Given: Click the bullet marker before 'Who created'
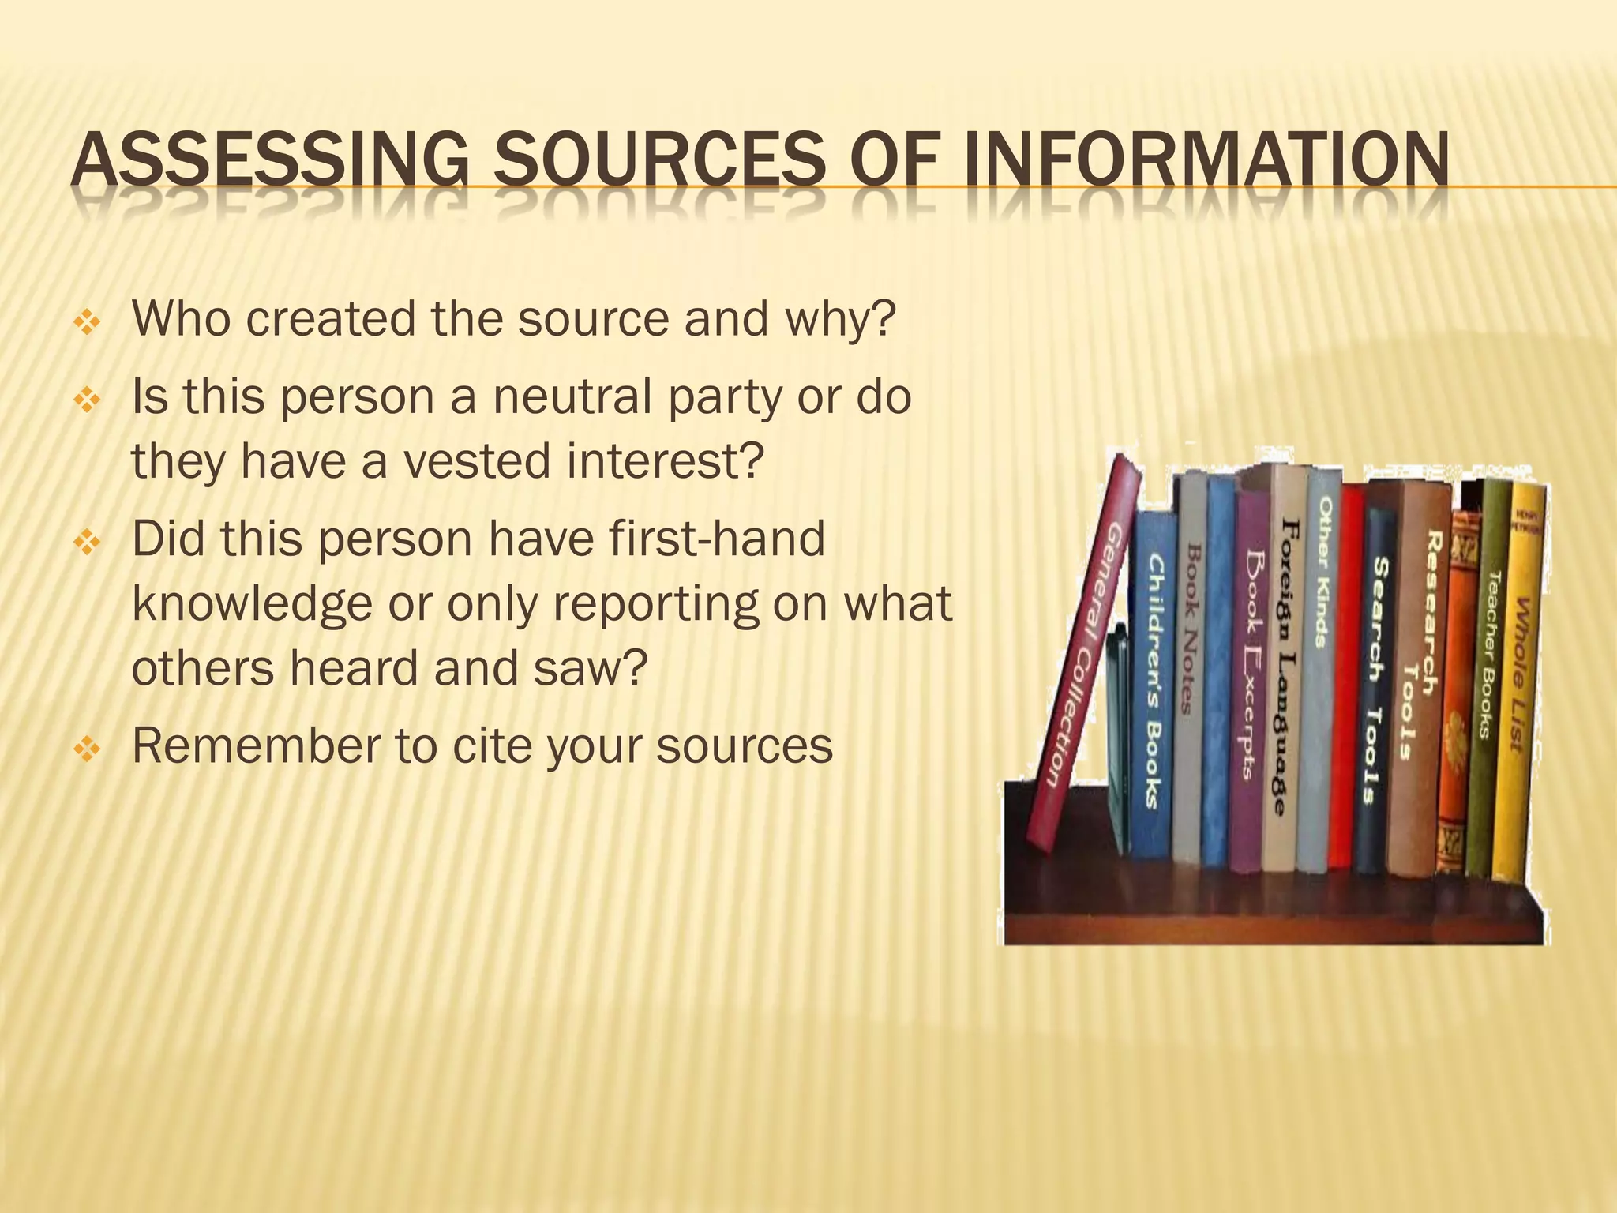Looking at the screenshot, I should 84,322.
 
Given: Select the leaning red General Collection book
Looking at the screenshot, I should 1086,655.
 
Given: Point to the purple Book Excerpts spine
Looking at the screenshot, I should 1250,679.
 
